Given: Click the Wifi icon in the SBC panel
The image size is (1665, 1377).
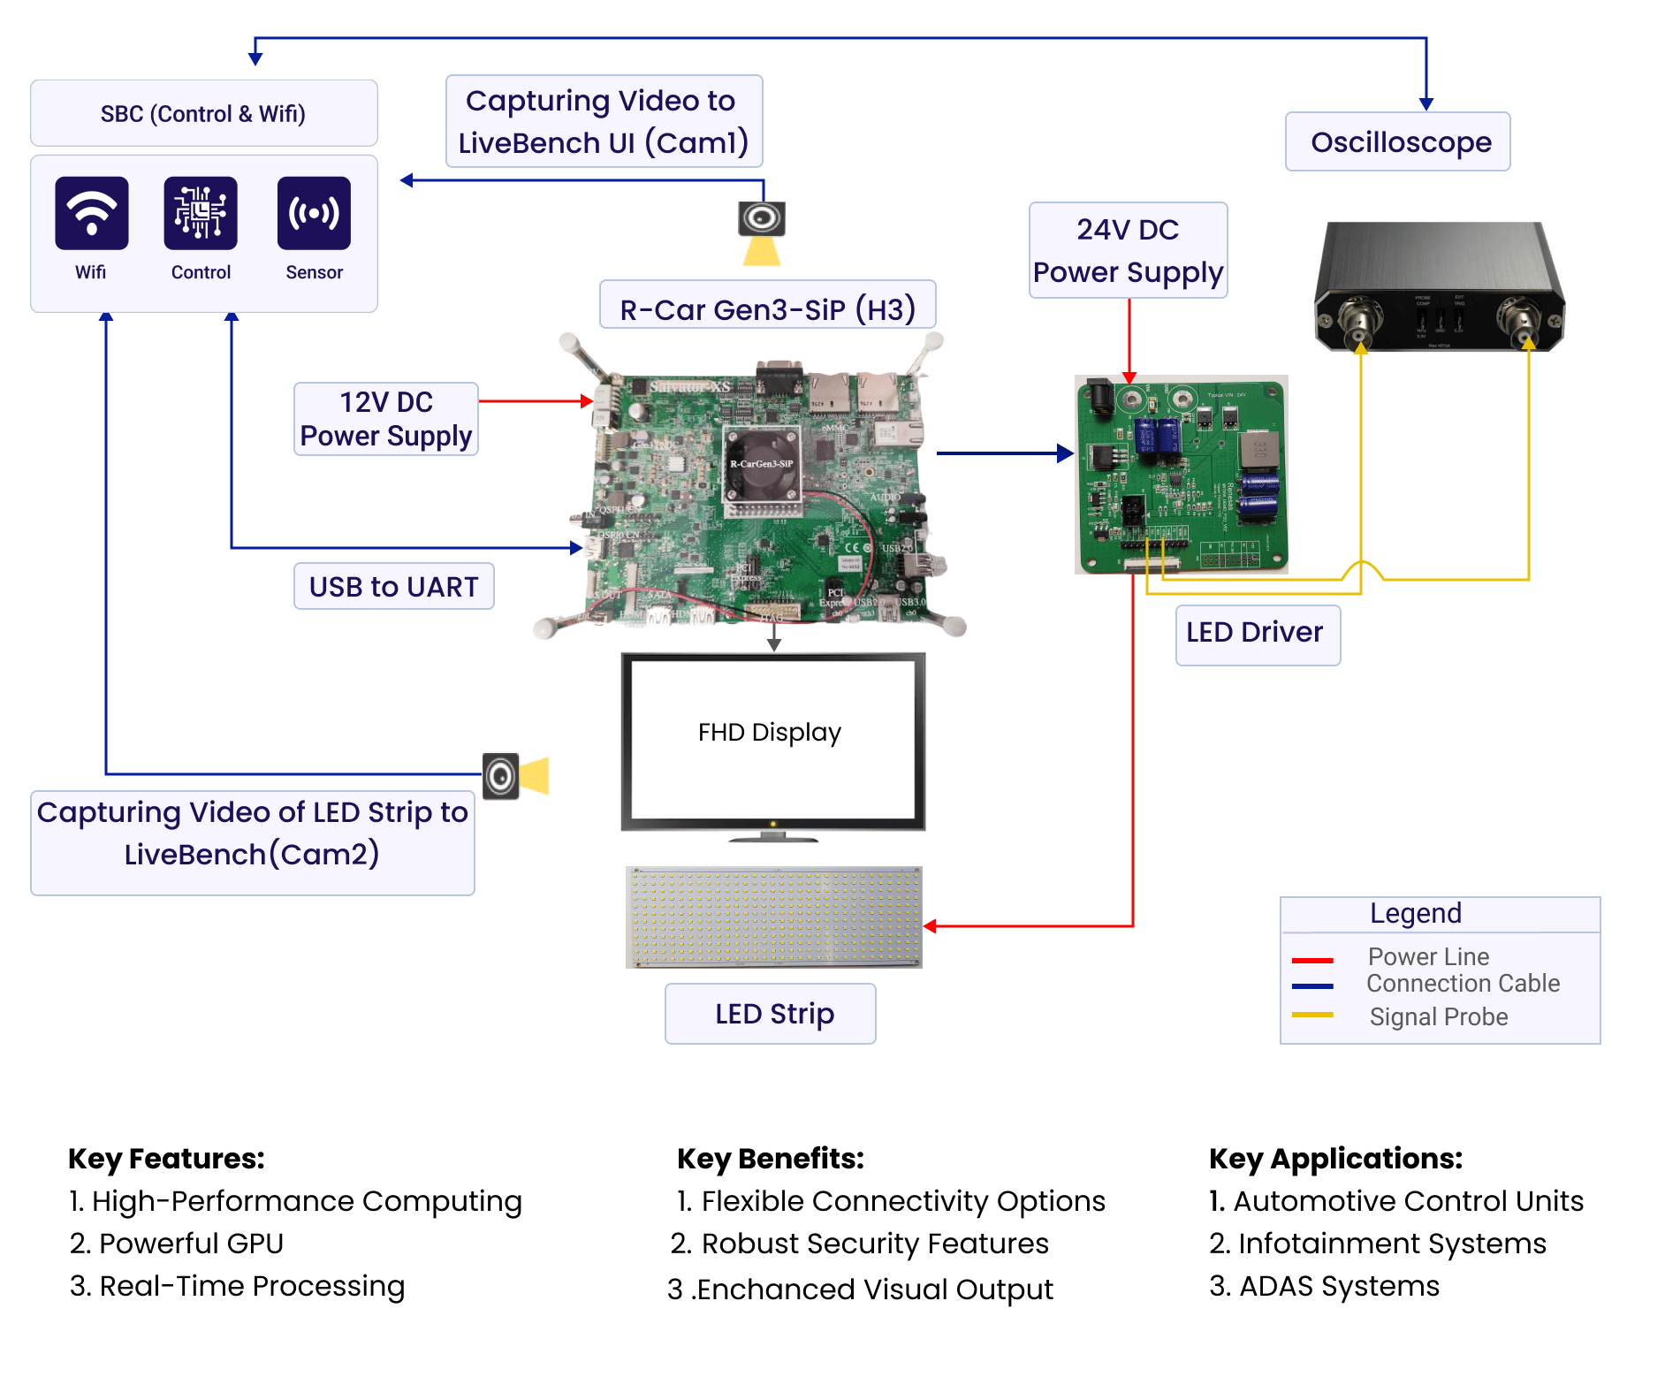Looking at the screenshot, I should pos(92,213).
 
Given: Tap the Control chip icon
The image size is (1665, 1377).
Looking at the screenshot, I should pos(201,213).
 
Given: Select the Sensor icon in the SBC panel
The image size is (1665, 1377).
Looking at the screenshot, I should pos(314,213).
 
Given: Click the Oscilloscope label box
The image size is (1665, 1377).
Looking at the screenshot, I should pos(1398,141).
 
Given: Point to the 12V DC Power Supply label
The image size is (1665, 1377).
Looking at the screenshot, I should pos(386,419).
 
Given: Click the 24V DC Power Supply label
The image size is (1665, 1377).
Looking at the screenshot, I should pos(1128,250).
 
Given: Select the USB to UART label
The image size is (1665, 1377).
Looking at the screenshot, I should pos(393,586).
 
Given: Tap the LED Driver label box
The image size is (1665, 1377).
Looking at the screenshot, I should pos(1257,634).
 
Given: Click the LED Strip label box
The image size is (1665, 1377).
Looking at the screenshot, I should pos(771,1013).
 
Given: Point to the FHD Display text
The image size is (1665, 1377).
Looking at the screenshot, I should pos(769,732).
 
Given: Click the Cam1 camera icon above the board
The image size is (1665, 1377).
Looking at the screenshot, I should pos(762,218).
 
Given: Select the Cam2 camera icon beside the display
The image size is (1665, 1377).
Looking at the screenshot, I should pos(501,776).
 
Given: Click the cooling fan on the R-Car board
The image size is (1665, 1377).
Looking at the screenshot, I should pos(762,467).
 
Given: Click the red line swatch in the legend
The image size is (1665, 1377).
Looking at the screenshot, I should pos(1312,960).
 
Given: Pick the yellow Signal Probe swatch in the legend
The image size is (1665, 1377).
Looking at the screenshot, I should pos(1312,1015).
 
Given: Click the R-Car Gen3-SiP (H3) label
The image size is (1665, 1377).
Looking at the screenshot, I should pos(767,308).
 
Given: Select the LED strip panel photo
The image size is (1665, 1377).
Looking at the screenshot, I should pos(773,917).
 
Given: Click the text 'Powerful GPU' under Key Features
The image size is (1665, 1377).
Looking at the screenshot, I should pos(190,1243).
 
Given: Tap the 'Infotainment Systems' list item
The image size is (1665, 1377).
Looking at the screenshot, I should pos(1391,1243).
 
